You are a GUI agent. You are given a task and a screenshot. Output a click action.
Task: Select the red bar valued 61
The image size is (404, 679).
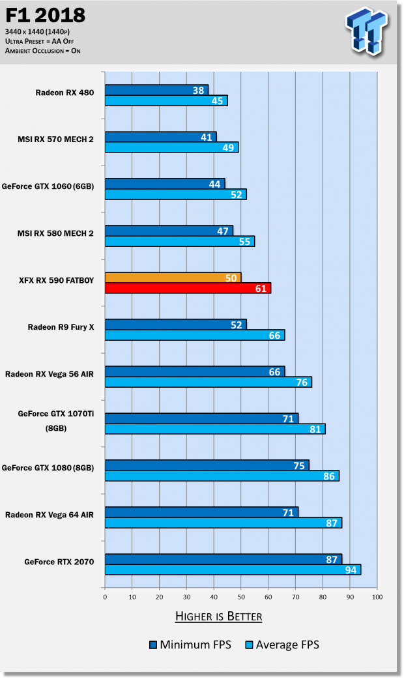(x=188, y=288)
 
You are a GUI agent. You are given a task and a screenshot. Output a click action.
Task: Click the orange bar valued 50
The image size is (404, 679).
(x=173, y=278)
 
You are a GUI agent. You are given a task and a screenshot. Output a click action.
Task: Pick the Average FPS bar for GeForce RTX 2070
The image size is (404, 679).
(x=233, y=570)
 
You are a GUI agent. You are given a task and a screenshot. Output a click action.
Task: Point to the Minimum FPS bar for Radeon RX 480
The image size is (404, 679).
(x=156, y=90)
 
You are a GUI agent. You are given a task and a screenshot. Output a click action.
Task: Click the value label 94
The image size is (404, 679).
(x=351, y=570)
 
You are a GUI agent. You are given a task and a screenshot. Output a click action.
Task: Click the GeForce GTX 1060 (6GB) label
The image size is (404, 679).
(x=55, y=186)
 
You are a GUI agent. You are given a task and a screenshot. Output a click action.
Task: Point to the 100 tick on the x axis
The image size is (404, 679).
(x=377, y=596)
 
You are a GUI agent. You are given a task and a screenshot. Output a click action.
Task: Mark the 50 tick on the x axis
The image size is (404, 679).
(x=241, y=596)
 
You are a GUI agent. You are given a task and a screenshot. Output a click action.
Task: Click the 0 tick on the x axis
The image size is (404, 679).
(x=105, y=596)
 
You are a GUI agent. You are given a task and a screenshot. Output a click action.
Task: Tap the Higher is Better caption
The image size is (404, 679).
(x=218, y=616)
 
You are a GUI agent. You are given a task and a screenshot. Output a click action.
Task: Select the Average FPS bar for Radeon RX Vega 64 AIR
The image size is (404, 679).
(x=223, y=523)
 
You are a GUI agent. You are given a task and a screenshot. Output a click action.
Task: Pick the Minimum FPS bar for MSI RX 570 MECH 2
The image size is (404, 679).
(x=160, y=137)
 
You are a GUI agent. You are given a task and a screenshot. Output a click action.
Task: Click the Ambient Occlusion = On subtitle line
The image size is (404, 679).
(x=43, y=51)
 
